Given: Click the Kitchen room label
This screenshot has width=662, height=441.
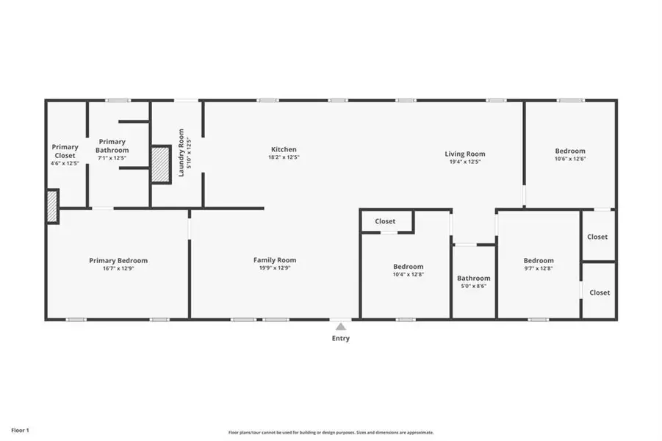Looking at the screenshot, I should pyautogui.click(x=284, y=149).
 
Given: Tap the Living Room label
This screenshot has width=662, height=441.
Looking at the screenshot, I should pyautogui.click(x=464, y=154).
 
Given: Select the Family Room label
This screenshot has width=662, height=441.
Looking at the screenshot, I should pyautogui.click(x=275, y=260).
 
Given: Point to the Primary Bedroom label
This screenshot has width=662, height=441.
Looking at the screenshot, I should pyautogui.click(x=118, y=260).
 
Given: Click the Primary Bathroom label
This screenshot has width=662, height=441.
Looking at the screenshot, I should pyautogui.click(x=112, y=146).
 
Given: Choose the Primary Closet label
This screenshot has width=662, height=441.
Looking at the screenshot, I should pyautogui.click(x=65, y=151).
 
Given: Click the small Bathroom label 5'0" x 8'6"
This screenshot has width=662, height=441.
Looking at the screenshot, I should pyautogui.click(x=473, y=279).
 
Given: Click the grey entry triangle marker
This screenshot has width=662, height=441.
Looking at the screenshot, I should pyautogui.click(x=340, y=326).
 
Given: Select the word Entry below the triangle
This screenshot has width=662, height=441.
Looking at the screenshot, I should pyautogui.click(x=340, y=339).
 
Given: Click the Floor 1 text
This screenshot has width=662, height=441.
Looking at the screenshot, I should pyautogui.click(x=19, y=430).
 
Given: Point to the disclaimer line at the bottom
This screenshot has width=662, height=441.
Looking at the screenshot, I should pyautogui.click(x=331, y=433).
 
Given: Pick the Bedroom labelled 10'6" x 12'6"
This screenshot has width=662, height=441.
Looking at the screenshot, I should pyautogui.click(x=569, y=151).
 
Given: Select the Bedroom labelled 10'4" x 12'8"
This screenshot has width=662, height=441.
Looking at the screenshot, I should pyautogui.click(x=408, y=266).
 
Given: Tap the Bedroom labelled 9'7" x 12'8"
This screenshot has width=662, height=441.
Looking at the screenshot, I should pyautogui.click(x=539, y=260).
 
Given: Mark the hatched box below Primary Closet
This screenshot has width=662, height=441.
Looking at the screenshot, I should pyautogui.click(x=52, y=206).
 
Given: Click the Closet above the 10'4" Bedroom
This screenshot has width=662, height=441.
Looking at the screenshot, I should pyautogui.click(x=385, y=221).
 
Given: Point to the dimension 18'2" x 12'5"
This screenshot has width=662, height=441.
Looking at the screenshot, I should pyautogui.click(x=284, y=157).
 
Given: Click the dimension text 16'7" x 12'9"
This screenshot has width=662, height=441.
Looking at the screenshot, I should pyautogui.click(x=118, y=268).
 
